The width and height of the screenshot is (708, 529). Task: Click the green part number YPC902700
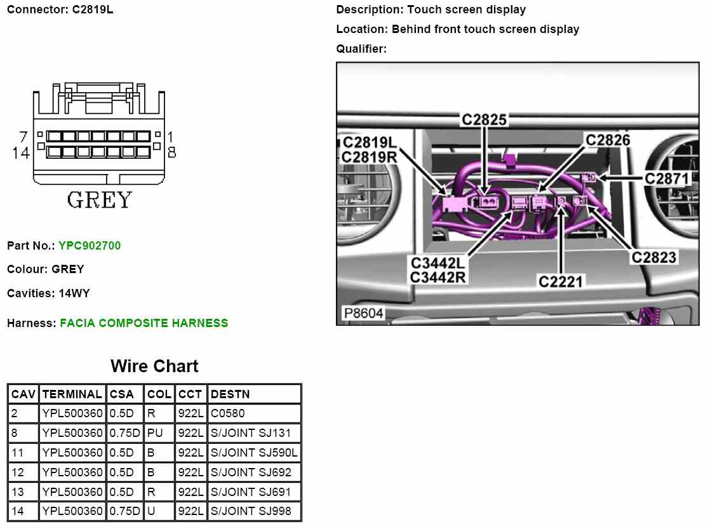click(89, 246)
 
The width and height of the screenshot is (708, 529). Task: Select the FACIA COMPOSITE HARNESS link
click(144, 323)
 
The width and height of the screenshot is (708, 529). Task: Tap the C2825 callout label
click(484, 119)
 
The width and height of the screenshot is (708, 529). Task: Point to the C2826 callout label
click(608, 140)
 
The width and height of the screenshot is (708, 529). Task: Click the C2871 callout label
click(667, 179)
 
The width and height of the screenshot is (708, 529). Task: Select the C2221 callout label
click(561, 281)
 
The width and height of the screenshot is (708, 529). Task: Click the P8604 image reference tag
click(363, 314)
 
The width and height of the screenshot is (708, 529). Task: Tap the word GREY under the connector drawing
click(100, 201)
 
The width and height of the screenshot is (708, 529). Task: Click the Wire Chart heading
click(154, 366)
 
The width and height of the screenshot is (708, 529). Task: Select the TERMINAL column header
click(72, 394)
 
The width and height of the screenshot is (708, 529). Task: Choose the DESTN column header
click(230, 394)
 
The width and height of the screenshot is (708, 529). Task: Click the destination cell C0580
click(227, 414)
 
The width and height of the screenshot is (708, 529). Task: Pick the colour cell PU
click(156, 434)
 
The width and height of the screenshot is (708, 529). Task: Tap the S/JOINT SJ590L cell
click(254, 453)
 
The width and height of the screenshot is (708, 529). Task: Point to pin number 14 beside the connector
click(21, 153)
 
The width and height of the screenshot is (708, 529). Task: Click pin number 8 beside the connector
click(171, 152)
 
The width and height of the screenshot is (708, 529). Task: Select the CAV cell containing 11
click(18, 453)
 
